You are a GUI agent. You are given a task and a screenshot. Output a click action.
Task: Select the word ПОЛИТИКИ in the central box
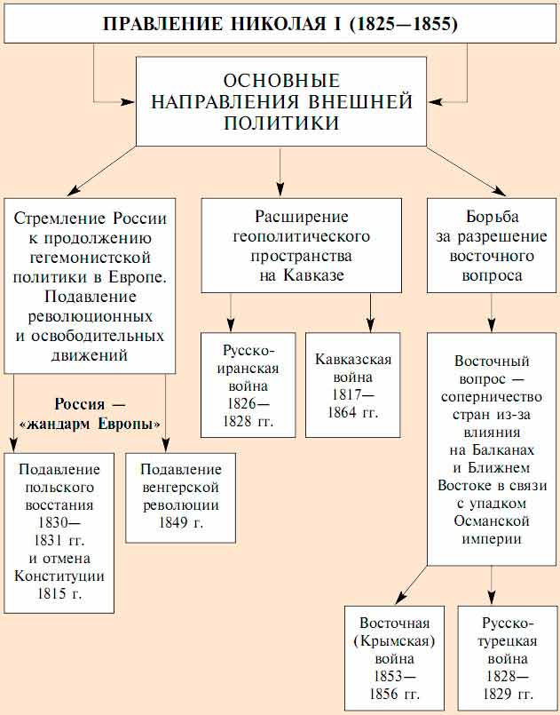280,123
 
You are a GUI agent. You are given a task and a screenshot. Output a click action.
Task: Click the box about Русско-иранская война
248,384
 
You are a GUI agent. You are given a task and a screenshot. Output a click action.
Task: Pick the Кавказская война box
352,384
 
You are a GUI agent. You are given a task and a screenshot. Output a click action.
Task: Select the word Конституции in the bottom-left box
59,576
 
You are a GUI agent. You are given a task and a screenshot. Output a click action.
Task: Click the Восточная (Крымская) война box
395,657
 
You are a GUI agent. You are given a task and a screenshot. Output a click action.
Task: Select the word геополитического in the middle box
301,237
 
